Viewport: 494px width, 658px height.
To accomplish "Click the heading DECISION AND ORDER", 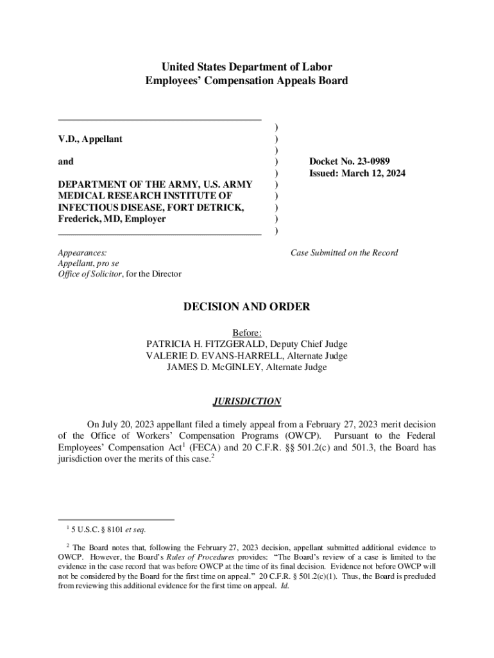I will point(247,307).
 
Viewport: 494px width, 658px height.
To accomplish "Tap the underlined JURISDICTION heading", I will point(247,402).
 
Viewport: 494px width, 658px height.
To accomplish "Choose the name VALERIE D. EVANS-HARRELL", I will point(215,356).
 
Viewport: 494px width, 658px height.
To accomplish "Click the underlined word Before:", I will point(247,333).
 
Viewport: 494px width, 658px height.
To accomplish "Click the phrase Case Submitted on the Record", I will point(344,253).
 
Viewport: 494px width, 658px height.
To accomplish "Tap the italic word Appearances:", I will point(83,253).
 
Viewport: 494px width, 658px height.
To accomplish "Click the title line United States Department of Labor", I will point(247,67).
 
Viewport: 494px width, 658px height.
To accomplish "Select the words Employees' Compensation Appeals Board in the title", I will point(247,81).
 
